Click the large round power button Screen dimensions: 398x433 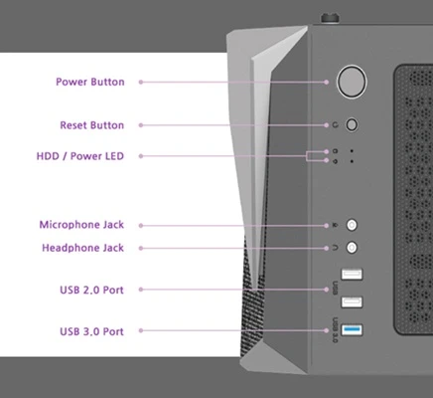352,82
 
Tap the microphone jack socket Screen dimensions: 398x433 352,226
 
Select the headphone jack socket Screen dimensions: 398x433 352,247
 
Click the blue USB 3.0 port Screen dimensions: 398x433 352,329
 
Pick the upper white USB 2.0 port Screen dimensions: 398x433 352,275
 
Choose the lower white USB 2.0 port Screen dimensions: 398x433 352,301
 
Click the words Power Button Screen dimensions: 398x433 90,82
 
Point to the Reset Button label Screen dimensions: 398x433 92,125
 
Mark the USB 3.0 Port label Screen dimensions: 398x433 91,329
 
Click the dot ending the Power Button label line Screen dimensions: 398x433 141,82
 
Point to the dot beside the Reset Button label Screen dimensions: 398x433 141,125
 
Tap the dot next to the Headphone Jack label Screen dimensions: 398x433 141,247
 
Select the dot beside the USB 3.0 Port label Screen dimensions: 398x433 141,329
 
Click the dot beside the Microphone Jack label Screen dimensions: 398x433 141,226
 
